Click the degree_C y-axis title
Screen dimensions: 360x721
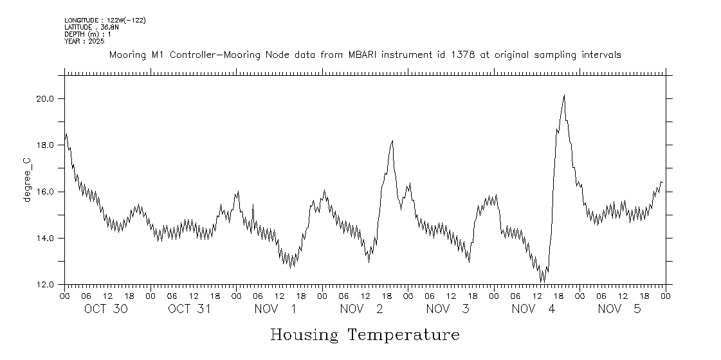point(27,183)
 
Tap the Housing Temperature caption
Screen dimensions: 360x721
point(365,335)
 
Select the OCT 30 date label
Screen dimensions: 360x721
point(106,309)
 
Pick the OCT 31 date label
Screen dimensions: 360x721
point(190,309)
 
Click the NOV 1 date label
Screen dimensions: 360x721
point(276,309)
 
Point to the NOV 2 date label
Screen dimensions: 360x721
point(361,309)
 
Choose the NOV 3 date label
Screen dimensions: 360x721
point(448,309)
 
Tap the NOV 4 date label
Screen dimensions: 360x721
point(533,309)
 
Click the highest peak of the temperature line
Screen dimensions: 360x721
point(564,95)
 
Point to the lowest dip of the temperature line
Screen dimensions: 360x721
point(542,281)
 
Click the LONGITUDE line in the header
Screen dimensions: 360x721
point(105,21)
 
